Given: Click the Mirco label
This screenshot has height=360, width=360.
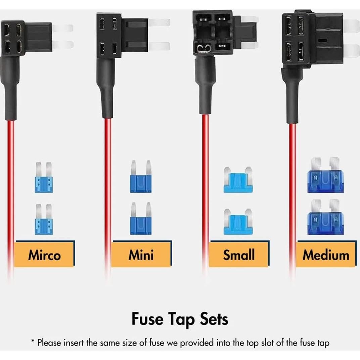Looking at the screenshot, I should [x=44, y=255].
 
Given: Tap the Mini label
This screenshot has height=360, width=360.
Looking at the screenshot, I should [x=141, y=255].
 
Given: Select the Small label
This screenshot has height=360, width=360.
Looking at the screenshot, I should [x=239, y=255].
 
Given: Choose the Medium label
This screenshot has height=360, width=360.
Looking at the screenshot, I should [x=326, y=255].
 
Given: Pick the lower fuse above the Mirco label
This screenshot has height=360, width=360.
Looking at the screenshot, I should [x=44, y=220].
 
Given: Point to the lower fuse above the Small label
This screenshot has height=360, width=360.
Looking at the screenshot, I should [x=238, y=222].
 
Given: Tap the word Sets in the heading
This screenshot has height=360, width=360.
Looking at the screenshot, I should [x=213, y=319].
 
